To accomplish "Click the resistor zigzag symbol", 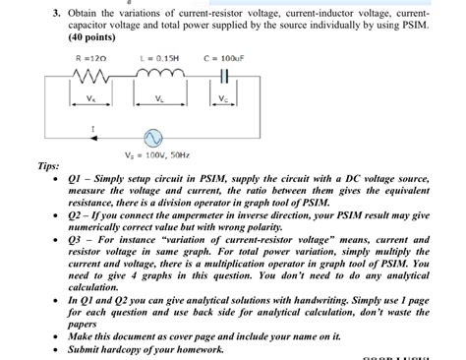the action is click(x=92, y=76).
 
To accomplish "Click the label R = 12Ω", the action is click(x=91, y=57).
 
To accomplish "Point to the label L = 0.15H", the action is click(x=158, y=57).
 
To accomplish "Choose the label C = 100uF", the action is click(x=226, y=57).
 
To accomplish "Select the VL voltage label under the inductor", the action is click(x=159, y=97).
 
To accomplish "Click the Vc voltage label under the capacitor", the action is click(x=223, y=97).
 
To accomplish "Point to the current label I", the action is click(x=66, y=128).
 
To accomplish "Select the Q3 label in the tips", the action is click(x=78, y=240).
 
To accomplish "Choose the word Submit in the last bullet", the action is click(x=89, y=349).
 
